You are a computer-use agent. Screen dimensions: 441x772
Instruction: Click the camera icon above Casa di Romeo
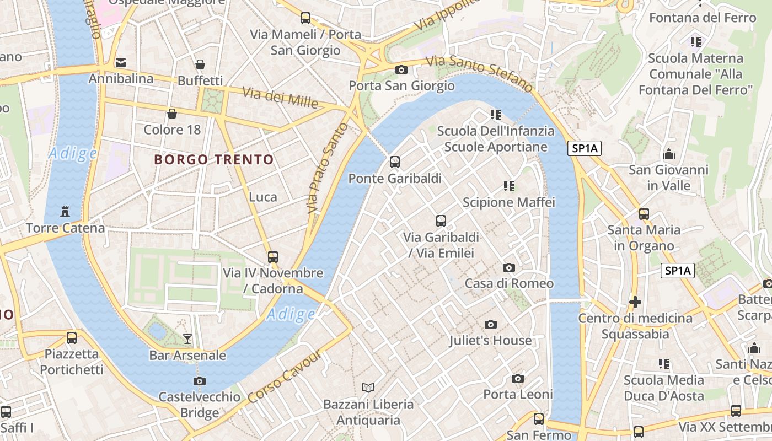click(x=508, y=268)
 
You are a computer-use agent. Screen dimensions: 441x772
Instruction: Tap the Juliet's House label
click(x=490, y=340)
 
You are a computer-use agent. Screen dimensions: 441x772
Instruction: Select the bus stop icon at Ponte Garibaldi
click(x=394, y=162)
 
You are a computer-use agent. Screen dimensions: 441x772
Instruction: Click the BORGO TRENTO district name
click(x=214, y=160)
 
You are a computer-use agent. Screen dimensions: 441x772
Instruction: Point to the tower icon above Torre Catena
click(x=65, y=212)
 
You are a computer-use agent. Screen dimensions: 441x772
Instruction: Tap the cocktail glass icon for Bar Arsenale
click(x=187, y=338)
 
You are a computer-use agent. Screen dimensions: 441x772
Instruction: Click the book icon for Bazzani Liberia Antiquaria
click(x=368, y=388)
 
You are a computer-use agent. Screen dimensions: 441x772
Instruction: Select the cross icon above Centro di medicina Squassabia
click(x=635, y=302)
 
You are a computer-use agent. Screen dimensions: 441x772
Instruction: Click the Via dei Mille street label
click(x=280, y=98)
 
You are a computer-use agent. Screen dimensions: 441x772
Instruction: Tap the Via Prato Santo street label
click(x=328, y=168)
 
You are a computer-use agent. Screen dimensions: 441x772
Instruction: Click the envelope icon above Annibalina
click(x=121, y=63)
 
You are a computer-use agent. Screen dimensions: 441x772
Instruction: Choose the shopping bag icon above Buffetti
click(x=200, y=65)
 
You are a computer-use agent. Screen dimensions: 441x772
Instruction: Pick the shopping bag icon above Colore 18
click(x=172, y=114)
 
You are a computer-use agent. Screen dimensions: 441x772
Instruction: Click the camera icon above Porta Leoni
click(x=517, y=378)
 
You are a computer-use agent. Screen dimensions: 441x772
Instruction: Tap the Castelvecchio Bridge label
click(x=200, y=405)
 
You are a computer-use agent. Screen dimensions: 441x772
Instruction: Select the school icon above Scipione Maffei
click(x=508, y=186)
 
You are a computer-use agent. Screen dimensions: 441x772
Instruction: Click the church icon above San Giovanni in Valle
click(x=668, y=154)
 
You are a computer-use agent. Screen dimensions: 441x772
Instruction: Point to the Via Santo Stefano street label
click(x=480, y=73)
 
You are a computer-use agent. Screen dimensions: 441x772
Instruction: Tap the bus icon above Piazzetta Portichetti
click(x=71, y=338)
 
